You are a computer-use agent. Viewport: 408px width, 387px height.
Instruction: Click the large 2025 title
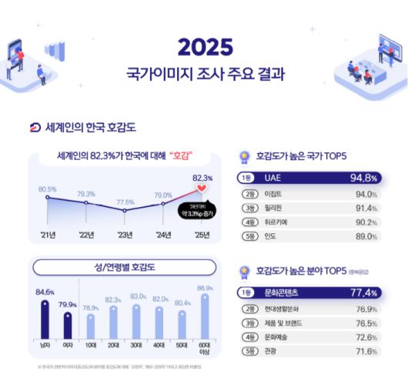[205, 47]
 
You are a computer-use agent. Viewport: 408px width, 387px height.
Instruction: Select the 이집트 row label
[273, 194]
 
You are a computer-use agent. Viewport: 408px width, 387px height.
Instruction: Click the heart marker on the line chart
[202, 187]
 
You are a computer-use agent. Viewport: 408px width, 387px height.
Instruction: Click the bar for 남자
[45, 319]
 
